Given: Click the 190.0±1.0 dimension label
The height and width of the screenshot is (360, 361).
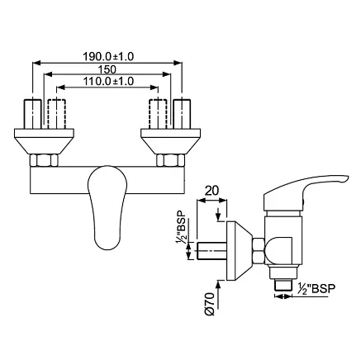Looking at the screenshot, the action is (x=108, y=56).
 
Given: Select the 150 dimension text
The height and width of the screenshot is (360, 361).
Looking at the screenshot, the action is (x=107, y=69).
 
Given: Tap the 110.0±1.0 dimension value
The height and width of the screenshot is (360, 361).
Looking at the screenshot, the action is (x=108, y=81).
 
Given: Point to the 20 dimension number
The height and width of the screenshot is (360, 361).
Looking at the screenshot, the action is (x=212, y=190).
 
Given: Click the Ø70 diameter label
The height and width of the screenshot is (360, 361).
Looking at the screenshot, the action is (x=210, y=304).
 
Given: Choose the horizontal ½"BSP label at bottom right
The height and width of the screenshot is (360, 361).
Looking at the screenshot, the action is (x=316, y=289).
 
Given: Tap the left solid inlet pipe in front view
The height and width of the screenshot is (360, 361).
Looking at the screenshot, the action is (x=33, y=114).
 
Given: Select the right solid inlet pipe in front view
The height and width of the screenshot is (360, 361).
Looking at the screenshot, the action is (x=182, y=114).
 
